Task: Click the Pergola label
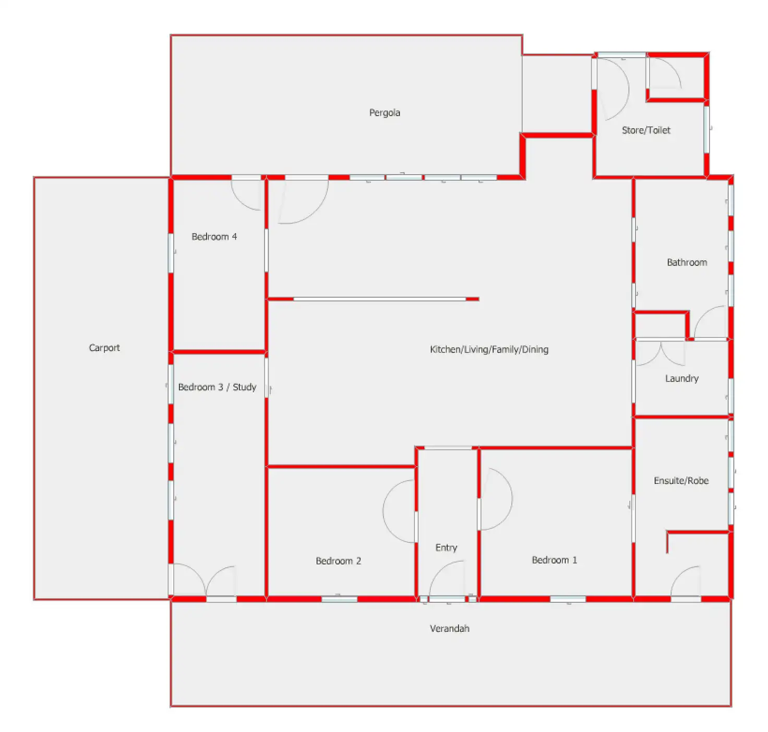point(385,113)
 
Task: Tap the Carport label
point(104,348)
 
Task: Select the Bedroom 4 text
point(214,237)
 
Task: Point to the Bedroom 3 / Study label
point(217,387)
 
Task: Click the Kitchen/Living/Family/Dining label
point(489,349)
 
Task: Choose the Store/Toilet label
point(646,130)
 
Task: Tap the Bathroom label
point(687,262)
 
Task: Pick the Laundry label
point(681,379)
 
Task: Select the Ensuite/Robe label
point(681,481)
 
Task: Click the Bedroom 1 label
point(554,560)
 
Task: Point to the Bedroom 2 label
point(338,561)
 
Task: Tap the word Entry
point(446,547)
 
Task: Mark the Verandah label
point(449,629)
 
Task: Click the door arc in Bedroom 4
point(245,196)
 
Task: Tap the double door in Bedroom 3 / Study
point(205,580)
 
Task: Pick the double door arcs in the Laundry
point(660,353)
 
